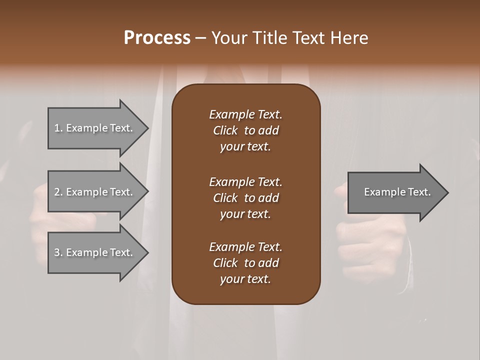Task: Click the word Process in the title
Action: (157, 38)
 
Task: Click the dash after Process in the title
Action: (200, 38)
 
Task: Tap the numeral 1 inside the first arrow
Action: (56, 128)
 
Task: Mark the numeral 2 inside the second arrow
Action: (57, 192)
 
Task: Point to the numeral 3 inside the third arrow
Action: (57, 252)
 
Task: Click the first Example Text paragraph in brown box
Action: (245, 130)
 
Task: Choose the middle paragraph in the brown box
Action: (245, 198)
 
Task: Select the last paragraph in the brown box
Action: (245, 263)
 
